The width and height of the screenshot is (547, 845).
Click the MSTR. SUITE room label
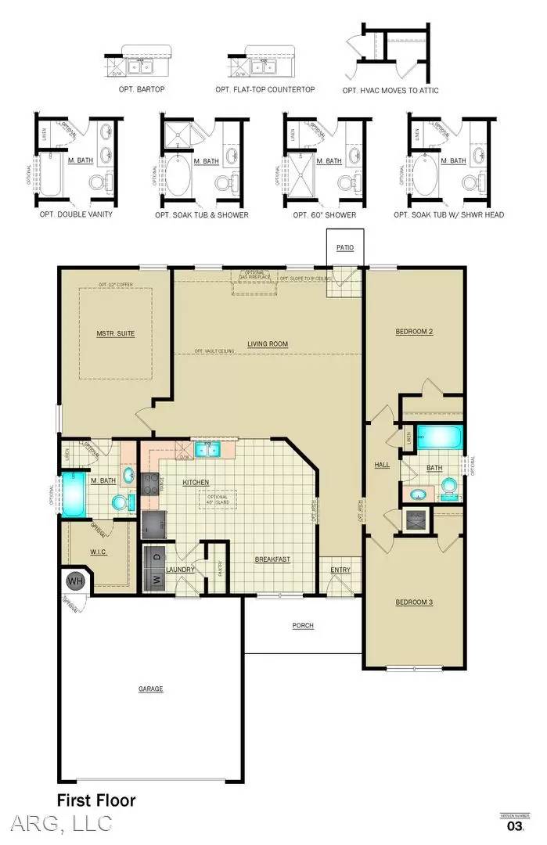tap(116, 333)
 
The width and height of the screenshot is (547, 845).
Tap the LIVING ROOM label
tap(268, 343)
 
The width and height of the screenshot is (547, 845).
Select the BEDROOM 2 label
tap(414, 332)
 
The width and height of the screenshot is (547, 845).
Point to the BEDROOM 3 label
tap(414, 602)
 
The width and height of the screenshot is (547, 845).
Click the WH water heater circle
tap(75, 581)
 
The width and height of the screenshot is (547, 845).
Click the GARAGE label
tap(151, 689)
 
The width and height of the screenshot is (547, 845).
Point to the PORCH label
tap(304, 625)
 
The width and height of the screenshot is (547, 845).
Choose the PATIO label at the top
tap(345, 247)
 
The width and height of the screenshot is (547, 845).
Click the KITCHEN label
tap(195, 482)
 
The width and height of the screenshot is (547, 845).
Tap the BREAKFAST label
tap(272, 559)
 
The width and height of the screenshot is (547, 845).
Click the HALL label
tap(382, 465)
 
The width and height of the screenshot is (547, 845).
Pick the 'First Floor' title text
tap(96, 800)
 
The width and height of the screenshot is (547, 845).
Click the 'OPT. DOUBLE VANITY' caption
tap(77, 214)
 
